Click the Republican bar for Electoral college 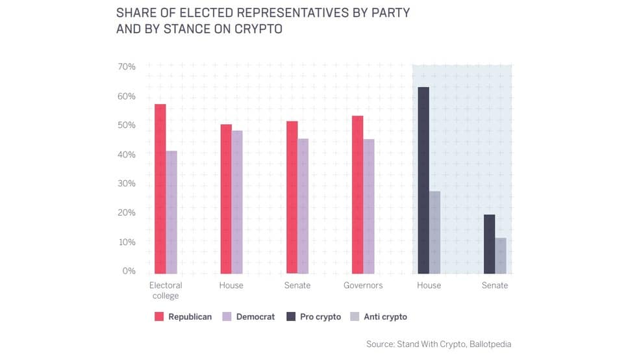[x=160, y=188]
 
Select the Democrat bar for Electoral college [x=171, y=212]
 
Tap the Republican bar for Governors [x=358, y=195]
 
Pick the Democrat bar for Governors [x=369, y=206]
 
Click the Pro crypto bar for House [x=424, y=180]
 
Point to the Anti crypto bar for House [x=435, y=233]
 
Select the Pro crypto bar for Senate [x=490, y=244]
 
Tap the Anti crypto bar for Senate [x=501, y=255]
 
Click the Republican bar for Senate [x=292, y=198]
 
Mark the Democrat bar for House [x=237, y=202]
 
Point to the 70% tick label [x=127, y=66]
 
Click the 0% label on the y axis [x=129, y=271]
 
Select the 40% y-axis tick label [x=127, y=155]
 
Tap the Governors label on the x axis [x=363, y=285]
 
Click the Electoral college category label [x=166, y=290]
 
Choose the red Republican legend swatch [x=159, y=316]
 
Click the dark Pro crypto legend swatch [x=291, y=316]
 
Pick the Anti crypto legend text [x=386, y=316]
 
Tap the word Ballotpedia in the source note [x=490, y=344]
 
